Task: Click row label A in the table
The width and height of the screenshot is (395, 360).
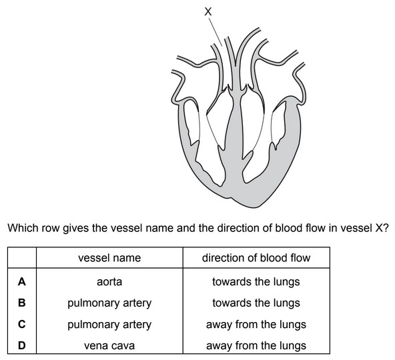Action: tap(21, 281)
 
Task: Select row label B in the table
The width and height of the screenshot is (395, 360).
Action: tap(21, 303)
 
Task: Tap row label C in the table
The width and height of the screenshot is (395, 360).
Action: tap(21, 324)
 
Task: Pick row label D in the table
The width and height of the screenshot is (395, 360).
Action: tap(21, 345)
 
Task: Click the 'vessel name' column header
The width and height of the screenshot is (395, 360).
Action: tap(109, 257)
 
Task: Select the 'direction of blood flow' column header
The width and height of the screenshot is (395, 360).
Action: tap(256, 257)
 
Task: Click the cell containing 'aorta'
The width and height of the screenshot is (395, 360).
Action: tap(109, 281)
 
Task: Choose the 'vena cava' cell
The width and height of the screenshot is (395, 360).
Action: tap(109, 345)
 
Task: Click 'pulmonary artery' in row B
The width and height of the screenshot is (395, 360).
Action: tap(109, 303)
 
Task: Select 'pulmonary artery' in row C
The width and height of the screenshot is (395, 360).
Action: tap(109, 324)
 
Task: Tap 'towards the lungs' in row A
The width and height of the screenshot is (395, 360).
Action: tap(256, 281)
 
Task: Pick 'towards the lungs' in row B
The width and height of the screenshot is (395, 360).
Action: tap(256, 303)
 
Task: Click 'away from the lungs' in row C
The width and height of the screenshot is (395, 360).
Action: tap(256, 324)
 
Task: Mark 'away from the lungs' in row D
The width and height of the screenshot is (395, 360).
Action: tap(256, 345)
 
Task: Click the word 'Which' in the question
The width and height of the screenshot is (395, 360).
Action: tap(21, 228)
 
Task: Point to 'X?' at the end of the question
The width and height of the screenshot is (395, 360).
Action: tap(382, 228)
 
